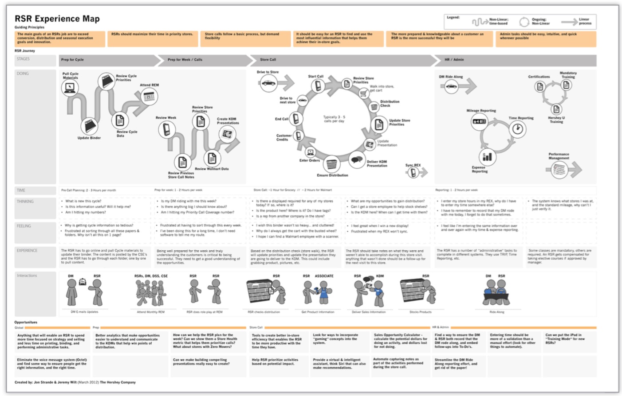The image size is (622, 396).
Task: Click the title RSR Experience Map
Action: click(x=57, y=19)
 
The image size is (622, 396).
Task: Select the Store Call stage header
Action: click(x=268, y=59)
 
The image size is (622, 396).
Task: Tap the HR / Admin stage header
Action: click(x=454, y=59)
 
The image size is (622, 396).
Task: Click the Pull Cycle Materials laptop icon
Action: click(x=70, y=87)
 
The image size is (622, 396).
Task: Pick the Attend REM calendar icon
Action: click(x=149, y=96)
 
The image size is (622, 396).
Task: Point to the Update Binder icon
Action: click(x=89, y=126)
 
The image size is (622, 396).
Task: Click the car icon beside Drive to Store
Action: click(x=268, y=82)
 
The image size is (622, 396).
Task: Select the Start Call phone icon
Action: click(x=318, y=85)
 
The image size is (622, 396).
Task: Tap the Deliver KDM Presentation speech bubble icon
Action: click(x=356, y=160)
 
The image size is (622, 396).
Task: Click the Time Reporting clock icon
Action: click(x=517, y=129)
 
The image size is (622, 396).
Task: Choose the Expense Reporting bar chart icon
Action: click(x=487, y=156)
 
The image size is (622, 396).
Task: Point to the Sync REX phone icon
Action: click(x=413, y=172)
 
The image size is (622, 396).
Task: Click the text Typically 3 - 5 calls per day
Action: click(x=334, y=119)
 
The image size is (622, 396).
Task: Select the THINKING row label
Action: click(x=25, y=201)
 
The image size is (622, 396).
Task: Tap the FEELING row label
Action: click(x=24, y=226)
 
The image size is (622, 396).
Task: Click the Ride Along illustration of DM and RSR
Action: click(x=496, y=293)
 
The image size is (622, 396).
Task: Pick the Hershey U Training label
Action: click(x=556, y=120)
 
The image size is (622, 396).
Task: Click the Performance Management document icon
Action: click(x=559, y=169)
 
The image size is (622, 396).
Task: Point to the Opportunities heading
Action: click(x=26, y=322)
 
